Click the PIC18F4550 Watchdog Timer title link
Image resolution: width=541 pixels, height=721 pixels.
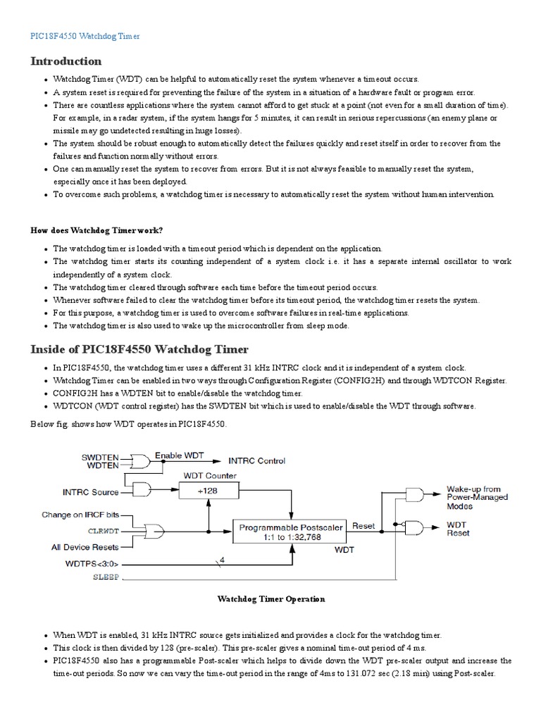click(85, 35)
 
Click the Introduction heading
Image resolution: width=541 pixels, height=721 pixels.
click(66, 61)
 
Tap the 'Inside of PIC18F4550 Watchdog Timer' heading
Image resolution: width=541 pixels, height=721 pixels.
click(139, 349)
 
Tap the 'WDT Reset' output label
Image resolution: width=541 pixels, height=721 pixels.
click(458, 529)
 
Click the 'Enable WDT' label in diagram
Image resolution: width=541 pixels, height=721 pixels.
click(178, 455)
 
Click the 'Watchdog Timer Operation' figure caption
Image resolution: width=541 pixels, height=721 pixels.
click(270, 598)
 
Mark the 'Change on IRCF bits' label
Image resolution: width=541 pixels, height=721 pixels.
click(82, 515)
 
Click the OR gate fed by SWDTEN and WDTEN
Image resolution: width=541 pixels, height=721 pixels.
click(140, 461)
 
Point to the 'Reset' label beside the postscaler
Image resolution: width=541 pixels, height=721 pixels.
click(363, 525)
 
